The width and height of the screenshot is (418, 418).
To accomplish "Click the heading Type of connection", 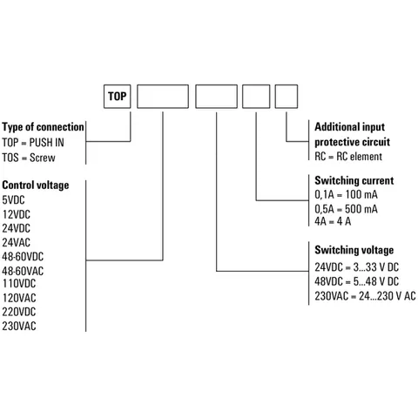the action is pos(43,127).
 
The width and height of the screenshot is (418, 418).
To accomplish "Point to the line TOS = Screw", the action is pos(29,158).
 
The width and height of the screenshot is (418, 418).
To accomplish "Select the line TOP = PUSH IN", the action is pos(33,143).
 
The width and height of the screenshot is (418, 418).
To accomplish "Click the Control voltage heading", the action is pos(36,185).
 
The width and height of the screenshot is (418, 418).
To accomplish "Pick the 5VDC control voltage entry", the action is pos(13,200).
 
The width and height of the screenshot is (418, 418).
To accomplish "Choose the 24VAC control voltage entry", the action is pos(16,242).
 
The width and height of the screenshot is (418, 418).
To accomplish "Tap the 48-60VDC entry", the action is pos(23,257).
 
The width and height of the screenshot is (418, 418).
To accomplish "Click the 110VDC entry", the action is pos(19,283).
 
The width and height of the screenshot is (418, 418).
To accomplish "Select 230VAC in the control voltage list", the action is pos(19,326).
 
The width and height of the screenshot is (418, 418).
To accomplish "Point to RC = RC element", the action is pos(348,157).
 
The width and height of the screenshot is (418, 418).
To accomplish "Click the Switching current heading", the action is pos(354,180).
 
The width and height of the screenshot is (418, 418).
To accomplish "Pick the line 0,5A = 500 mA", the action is pos(346,209).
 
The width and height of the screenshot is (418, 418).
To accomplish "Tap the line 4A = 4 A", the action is pos(333,221).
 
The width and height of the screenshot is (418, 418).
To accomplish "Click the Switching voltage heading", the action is pos(354,250).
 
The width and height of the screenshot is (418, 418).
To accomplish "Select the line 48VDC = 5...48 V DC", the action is pos(357,281).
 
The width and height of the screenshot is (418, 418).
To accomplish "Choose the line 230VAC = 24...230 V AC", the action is pos(365,296).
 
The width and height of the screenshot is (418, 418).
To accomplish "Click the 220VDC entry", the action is pos(19,312).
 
